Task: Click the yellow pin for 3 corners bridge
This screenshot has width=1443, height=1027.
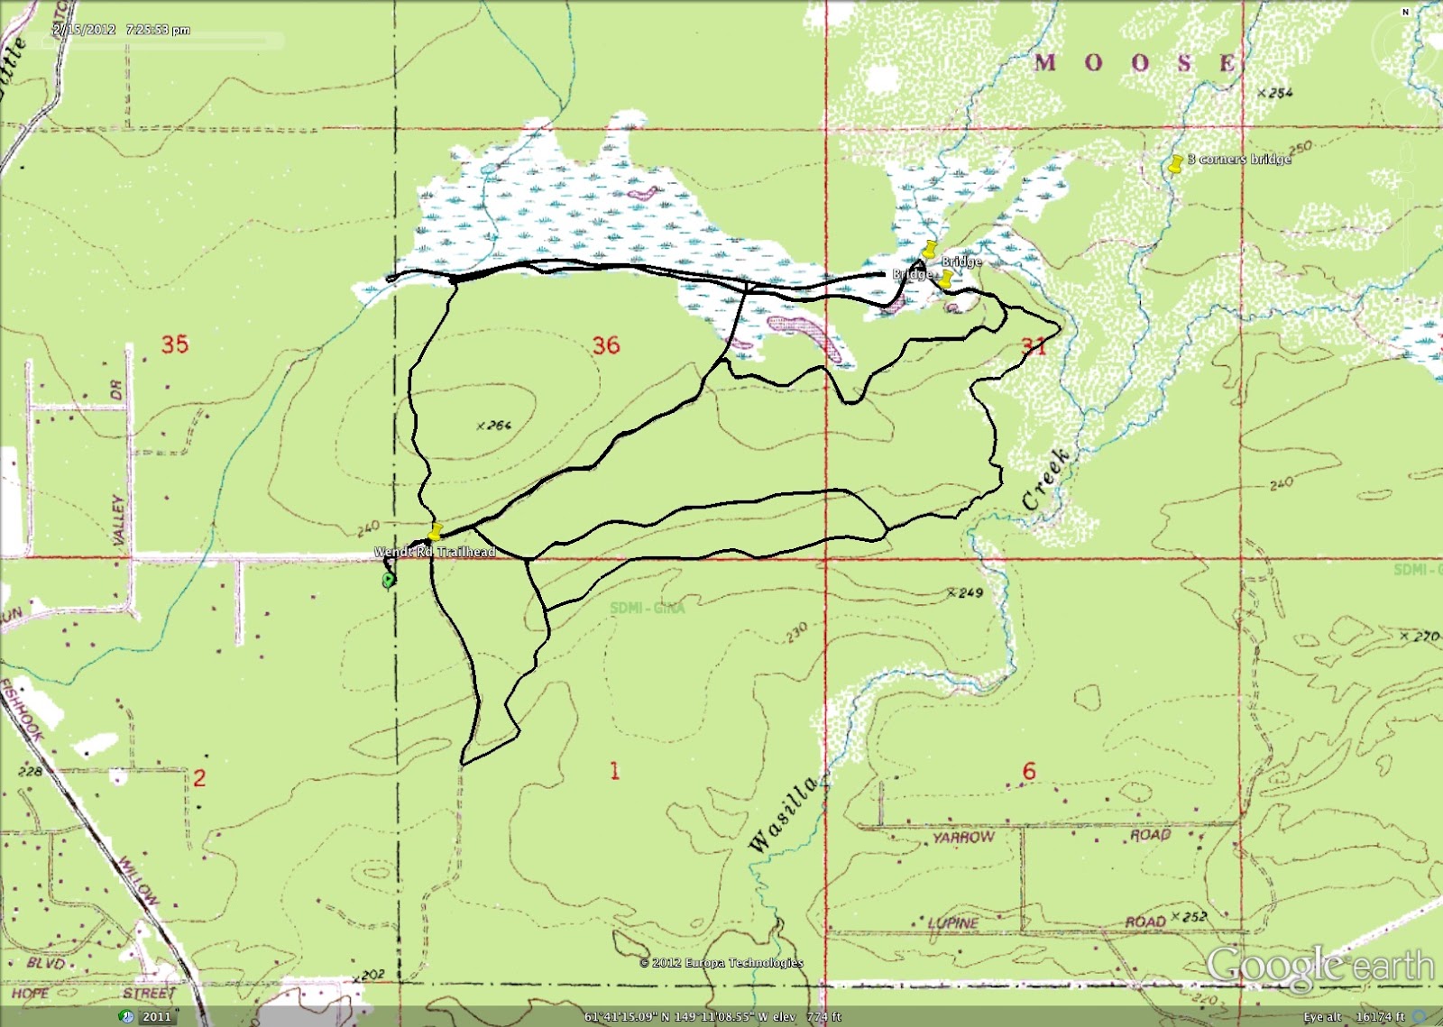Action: (x=1175, y=164)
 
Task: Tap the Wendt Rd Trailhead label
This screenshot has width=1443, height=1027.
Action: (x=435, y=552)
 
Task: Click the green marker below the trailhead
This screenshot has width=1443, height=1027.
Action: (x=389, y=580)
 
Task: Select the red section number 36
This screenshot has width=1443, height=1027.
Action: (x=606, y=345)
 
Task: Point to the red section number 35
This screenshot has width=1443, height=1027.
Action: (x=175, y=344)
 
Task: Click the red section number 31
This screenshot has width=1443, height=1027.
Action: (x=1034, y=345)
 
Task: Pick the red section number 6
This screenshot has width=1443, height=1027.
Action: (x=1029, y=771)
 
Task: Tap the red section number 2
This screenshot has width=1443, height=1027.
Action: (x=199, y=777)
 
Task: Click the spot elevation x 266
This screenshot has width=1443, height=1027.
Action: (x=494, y=425)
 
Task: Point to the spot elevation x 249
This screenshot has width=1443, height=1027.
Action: (x=965, y=592)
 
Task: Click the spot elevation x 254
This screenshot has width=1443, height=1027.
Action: (x=1275, y=92)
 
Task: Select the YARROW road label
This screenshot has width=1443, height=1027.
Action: (x=963, y=837)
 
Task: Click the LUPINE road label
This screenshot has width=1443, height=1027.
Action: (x=953, y=922)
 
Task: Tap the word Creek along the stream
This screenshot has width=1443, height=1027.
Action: (x=1047, y=478)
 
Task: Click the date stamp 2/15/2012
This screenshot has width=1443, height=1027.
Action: (x=85, y=30)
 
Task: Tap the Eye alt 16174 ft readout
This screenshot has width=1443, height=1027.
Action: (x=1354, y=1016)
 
